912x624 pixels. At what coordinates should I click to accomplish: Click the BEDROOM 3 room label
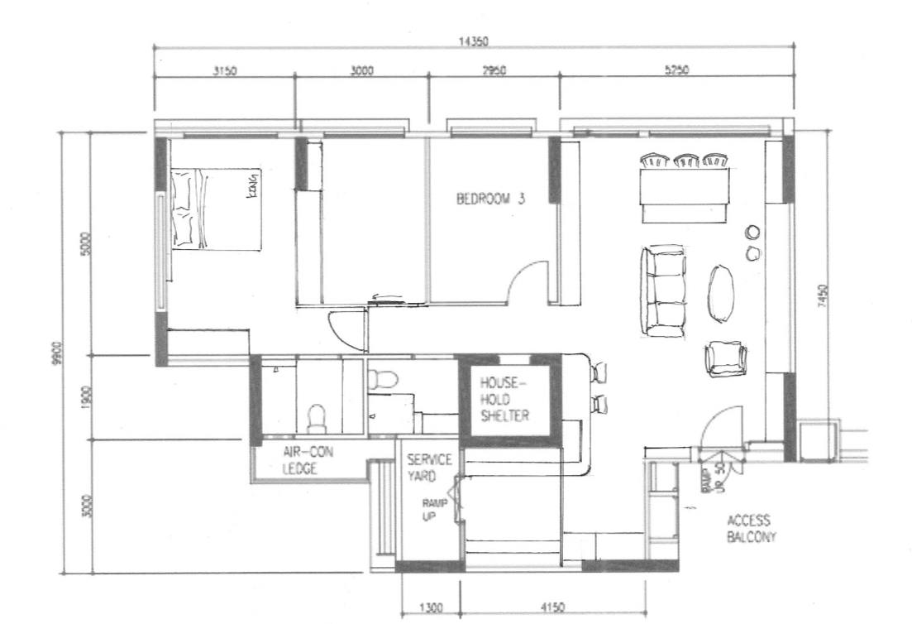click(x=491, y=199)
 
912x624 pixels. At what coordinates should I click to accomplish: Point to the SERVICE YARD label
click(x=428, y=467)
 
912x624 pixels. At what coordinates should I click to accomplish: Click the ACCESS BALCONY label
click(x=749, y=528)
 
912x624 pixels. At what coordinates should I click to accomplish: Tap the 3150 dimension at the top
click(x=224, y=71)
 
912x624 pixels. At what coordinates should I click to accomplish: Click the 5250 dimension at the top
click(x=676, y=71)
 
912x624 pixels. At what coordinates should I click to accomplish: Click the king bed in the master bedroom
click(x=216, y=208)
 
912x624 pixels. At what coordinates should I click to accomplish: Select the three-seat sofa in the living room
click(x=663, y=291)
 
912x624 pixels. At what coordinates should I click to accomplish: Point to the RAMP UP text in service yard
click(x=433, y=509)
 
